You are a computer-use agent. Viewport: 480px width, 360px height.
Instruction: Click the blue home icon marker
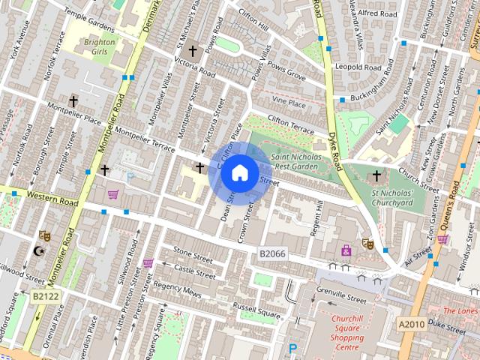click(x=239, y=173)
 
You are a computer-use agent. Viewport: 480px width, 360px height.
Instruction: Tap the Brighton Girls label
click(x=99, y=47)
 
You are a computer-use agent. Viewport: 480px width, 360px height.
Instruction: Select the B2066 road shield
click(x=272, y=254)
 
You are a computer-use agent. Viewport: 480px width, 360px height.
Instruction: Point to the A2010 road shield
click(x=411, y=322)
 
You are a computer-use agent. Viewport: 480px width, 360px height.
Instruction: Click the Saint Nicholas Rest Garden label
click(x=295, y=161)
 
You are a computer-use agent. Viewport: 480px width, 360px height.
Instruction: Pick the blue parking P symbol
click(x=293, y=349)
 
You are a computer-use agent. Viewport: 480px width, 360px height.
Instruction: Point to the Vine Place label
click(x=289, y=102)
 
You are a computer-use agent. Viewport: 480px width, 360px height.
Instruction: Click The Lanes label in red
click(x=460, y=310)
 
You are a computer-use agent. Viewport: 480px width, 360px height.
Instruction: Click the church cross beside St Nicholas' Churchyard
click(x=376, y=175)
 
